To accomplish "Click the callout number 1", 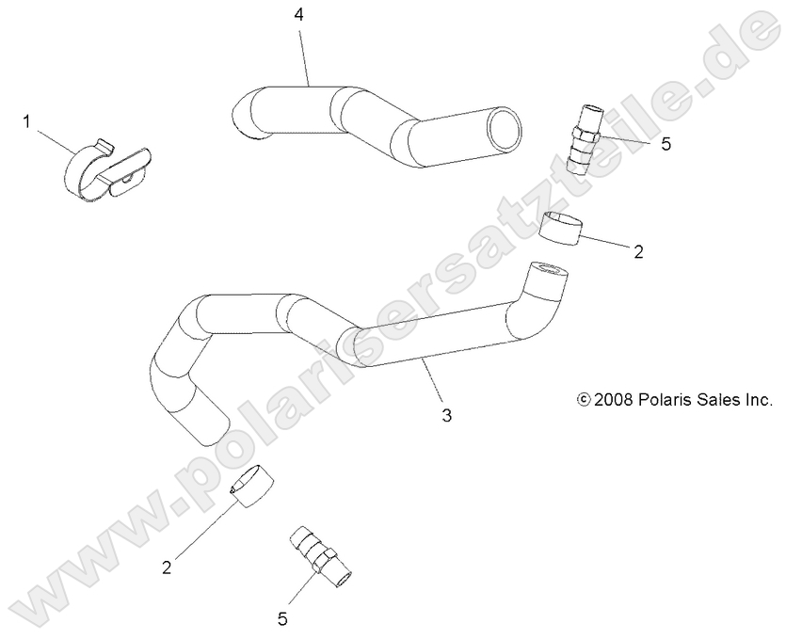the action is pos(27,120).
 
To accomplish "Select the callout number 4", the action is pos(298,15).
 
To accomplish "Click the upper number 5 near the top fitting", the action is pos(666,146).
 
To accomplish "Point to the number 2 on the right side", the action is pos(639,251).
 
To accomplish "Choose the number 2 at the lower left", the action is pos(167,567).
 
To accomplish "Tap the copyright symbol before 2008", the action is pos(584,400).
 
